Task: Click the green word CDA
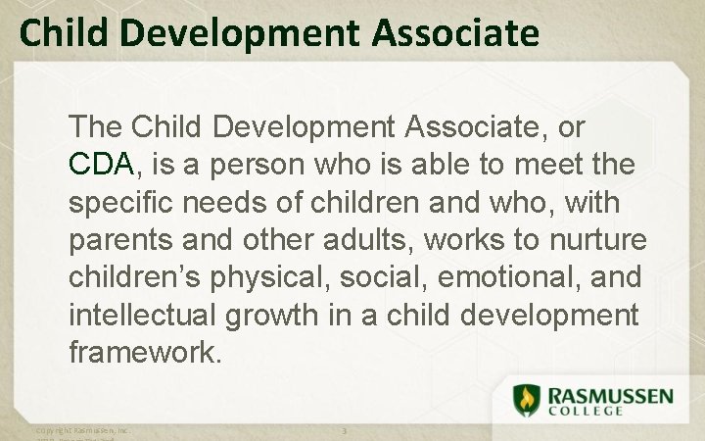(x=101, y=164)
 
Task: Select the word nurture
(x=596, y=239)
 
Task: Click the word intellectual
(x=137, y=315)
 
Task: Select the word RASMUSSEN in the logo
(x=610, y=394)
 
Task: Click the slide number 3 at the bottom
(x=344, y=431)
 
